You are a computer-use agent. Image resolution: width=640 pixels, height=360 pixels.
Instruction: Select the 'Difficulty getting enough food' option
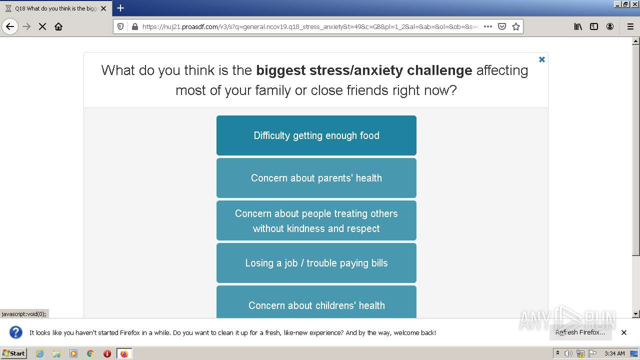click(x=316, y=135)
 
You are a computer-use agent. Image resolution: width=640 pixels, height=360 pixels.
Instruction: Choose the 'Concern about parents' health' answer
click(x=316, y=178)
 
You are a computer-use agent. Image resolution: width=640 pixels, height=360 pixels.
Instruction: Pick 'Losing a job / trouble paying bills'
click(x=316, y=263)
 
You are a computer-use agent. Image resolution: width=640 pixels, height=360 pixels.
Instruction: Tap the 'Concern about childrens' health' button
click(x=316, y=302)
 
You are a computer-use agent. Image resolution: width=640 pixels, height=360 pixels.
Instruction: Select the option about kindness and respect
click(x=316, y=220)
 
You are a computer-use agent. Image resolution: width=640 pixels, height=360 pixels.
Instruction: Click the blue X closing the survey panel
click(x=541, y=59)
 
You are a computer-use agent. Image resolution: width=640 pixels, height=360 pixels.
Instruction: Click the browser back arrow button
click(x=10, y=26)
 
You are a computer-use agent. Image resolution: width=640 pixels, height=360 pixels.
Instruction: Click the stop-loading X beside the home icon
click(x=42, y=26)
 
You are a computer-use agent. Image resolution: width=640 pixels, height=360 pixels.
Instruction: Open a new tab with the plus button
click(x=120, y=8)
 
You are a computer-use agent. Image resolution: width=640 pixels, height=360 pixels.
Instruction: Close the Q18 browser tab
click(x=103, y=8)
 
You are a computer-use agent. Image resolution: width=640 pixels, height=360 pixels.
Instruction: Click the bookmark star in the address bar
click(x=515, y=26)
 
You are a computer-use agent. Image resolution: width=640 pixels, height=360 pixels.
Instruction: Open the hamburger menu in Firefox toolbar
click(x=630, y=26)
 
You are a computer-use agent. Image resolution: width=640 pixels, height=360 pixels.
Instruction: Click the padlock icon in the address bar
click(x=135, y=26)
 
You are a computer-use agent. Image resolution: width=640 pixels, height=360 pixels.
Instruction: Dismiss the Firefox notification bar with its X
click(x=624, y=332)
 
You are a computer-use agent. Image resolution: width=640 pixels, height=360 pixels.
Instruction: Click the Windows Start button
click(x=13, y=353)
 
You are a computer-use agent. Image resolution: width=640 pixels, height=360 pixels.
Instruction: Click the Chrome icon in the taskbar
click(x=90, y=353)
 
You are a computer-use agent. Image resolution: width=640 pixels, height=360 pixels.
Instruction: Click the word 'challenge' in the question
click(x=439, y=70)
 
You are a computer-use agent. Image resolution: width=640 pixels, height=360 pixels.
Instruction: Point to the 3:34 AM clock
click(x=614, y=353)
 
